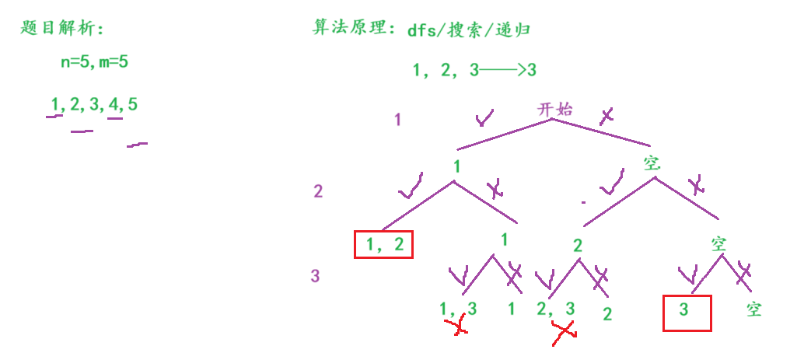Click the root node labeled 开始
(554, 109)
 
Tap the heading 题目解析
(62, 29)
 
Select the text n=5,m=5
(95, 63)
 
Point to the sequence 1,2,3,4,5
(94, 104)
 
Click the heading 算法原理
(354, 29)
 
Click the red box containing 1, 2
(383, 245)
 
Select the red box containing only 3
(687, 313)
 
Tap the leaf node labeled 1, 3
(459, 309)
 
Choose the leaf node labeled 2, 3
(555, 309)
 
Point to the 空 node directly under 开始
(652, 163)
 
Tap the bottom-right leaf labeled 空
(753, 309)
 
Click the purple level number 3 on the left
(315, 276)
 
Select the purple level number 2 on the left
(318, 191)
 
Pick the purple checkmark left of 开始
(484, 117)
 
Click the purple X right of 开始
(606, 116)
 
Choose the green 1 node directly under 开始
(457, 166)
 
